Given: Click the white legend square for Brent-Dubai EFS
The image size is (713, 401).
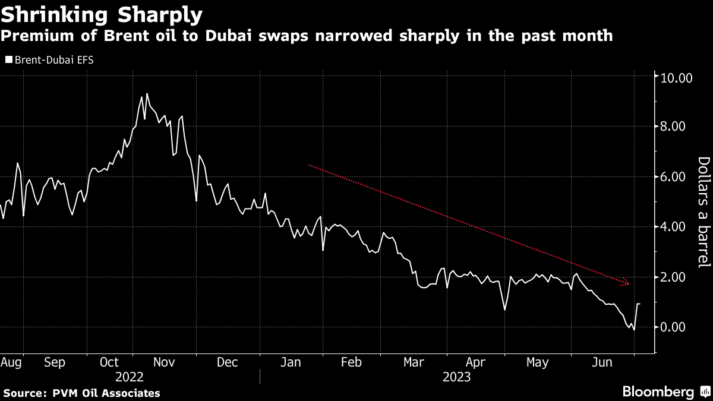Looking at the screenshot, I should click(x=8, y=59).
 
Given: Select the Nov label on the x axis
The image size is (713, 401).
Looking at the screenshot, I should click(x=163, y=362).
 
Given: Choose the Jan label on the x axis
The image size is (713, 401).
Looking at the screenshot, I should click(x=290, y=362).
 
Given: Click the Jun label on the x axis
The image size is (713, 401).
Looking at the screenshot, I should click(x=604, y=362).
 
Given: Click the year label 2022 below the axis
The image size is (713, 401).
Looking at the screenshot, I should click(x=130, y=377).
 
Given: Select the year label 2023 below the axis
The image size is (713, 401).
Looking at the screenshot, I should click(x=456, y=377).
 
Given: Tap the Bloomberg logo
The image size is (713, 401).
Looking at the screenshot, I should click(x=658, y=391).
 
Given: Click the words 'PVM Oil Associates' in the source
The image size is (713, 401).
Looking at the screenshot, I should click(x=105, y=393).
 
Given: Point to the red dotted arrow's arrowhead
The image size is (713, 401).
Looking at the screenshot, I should click(x=626, y=282).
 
